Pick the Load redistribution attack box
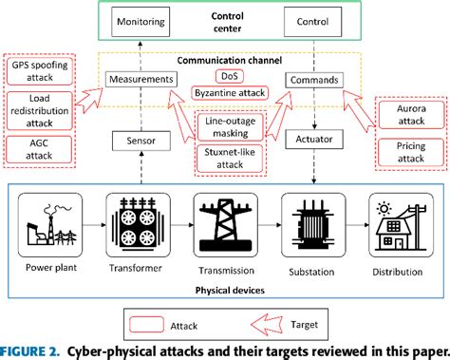pyautogui.click(x=34, y=111)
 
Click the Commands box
pyautogui.click(x=312, y=81)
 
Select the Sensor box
pyautogui.click(x=141, y=141)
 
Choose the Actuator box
pyautogui.click(x=312, y=141)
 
